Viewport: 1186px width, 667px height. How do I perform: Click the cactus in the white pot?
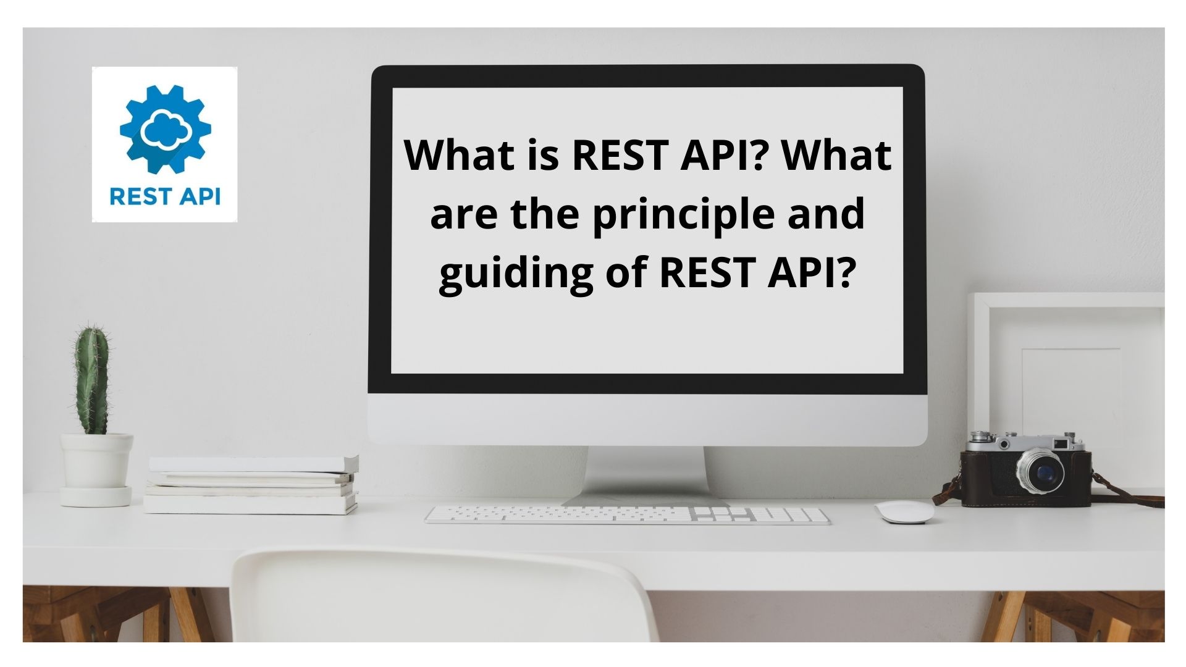click(92, 379)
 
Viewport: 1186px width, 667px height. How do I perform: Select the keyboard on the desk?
click(628, 515)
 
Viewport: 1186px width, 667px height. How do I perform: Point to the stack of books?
click(252, 485)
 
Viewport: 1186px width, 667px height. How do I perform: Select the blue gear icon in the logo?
click(165, 129)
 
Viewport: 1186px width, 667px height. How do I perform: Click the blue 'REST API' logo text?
click(165, 196)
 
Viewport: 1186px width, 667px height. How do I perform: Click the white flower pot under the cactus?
click(96, 469)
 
